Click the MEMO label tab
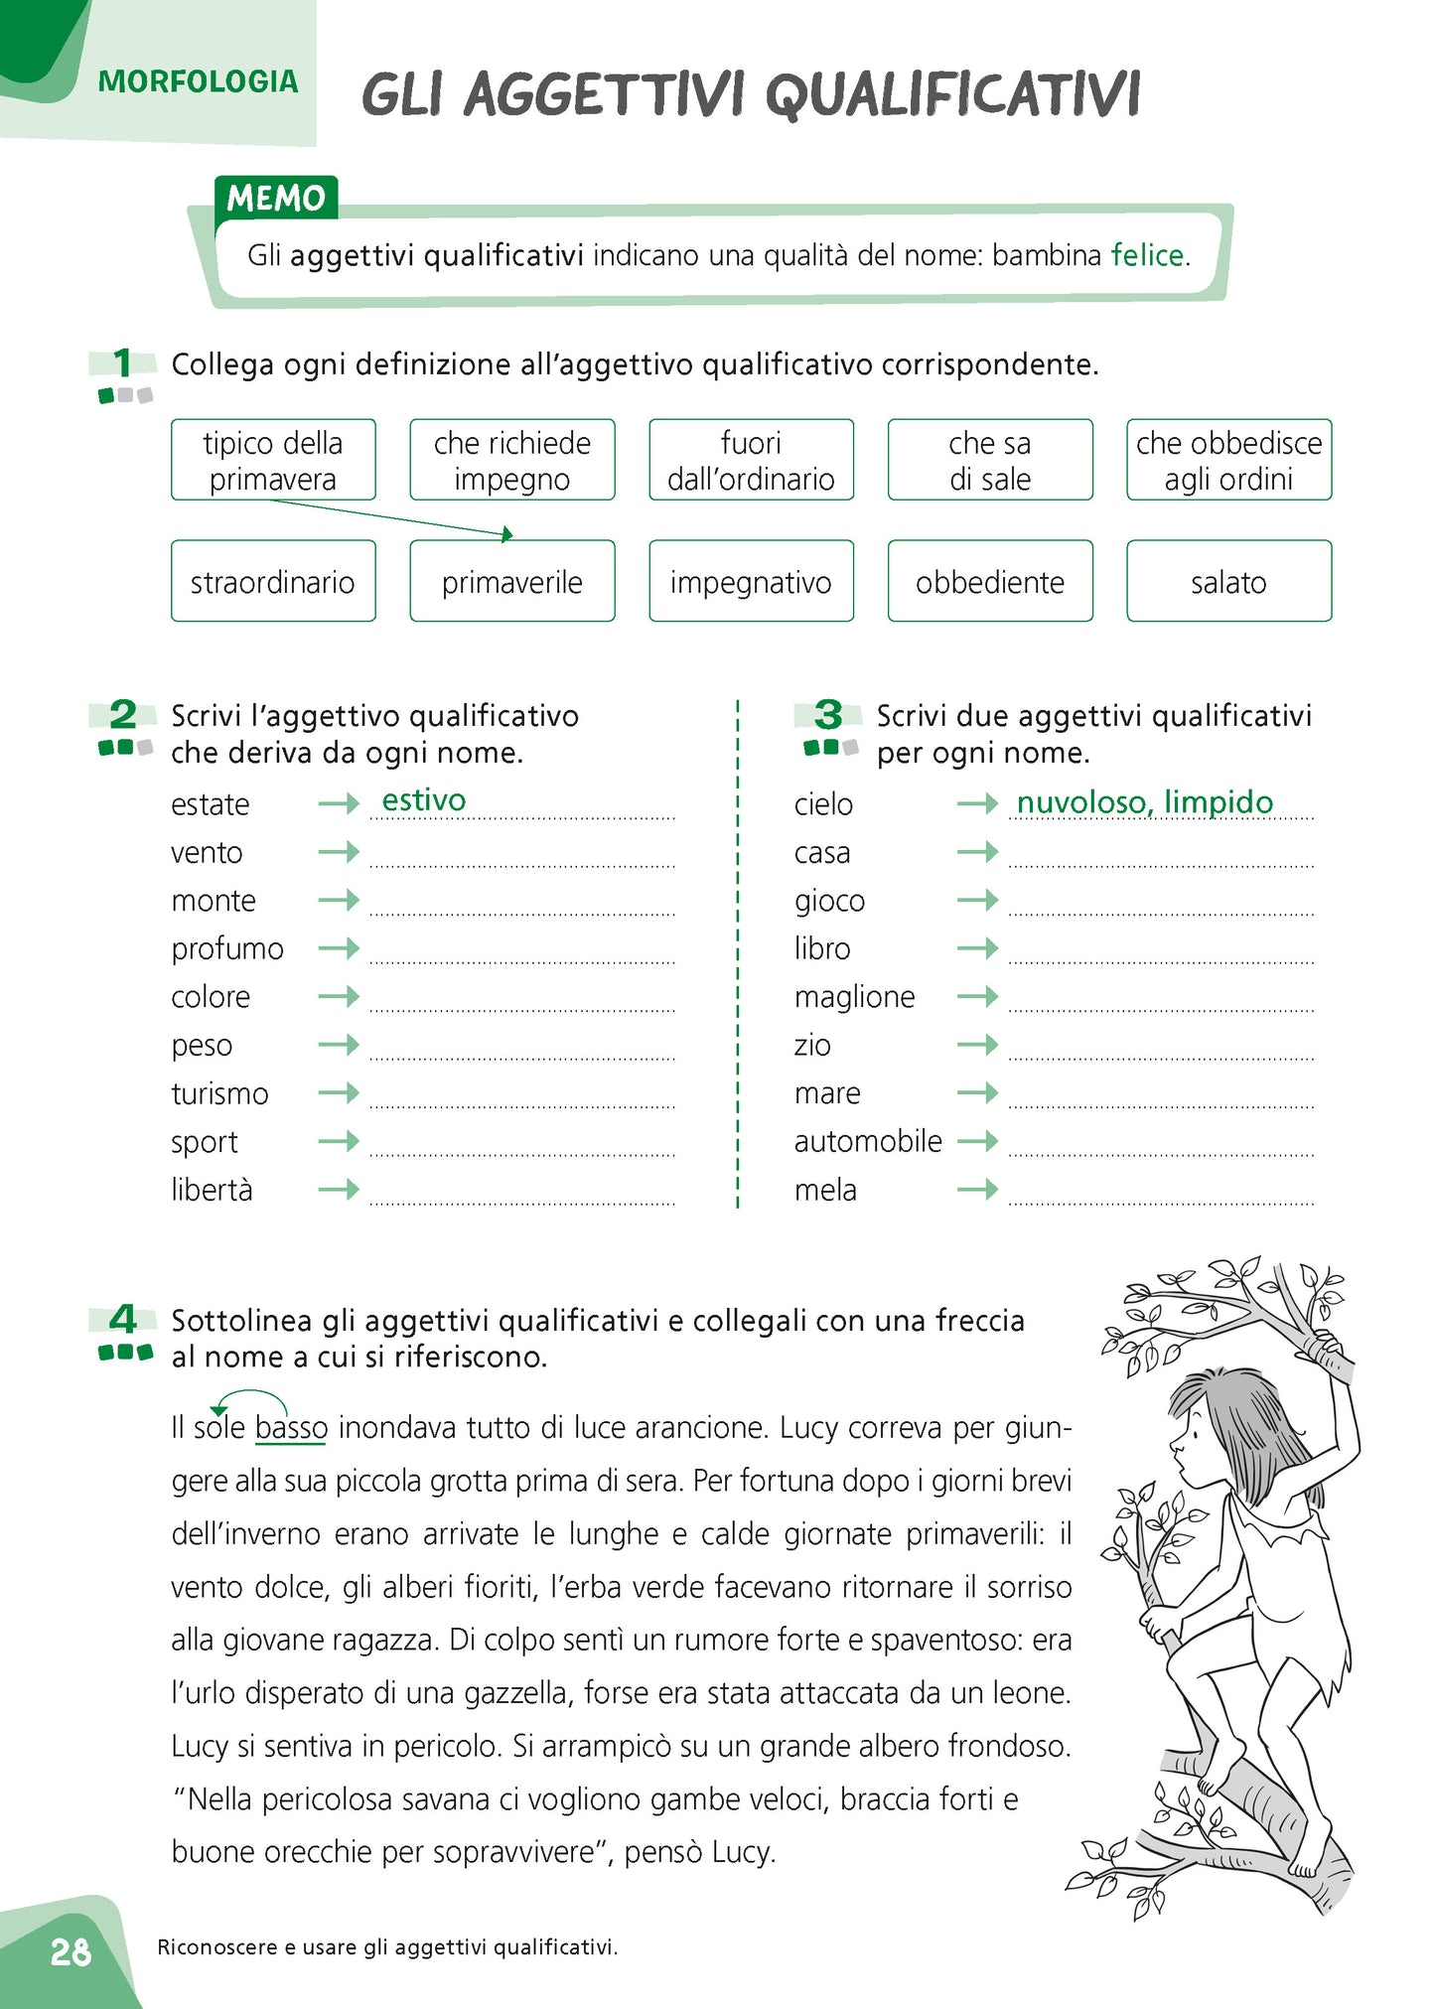click(276, 199)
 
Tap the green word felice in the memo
click(1147, 255)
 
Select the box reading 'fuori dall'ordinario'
click(751, 460)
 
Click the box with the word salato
click(1228, 582)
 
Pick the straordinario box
click(273, 582)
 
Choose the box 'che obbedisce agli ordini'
click(1228, 460)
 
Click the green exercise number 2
click(123, 715)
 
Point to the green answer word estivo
click(424, 800)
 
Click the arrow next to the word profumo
click(339, 948)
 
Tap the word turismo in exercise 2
click(219, 1093)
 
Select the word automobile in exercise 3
click(868, 1141)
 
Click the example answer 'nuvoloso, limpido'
click(1144, 802)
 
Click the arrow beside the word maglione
click(977, 996)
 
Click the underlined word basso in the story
click(291, 1428)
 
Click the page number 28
click(71, 1951)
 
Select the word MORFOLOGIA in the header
click(198, 81)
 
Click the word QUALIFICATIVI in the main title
click(952, 95)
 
